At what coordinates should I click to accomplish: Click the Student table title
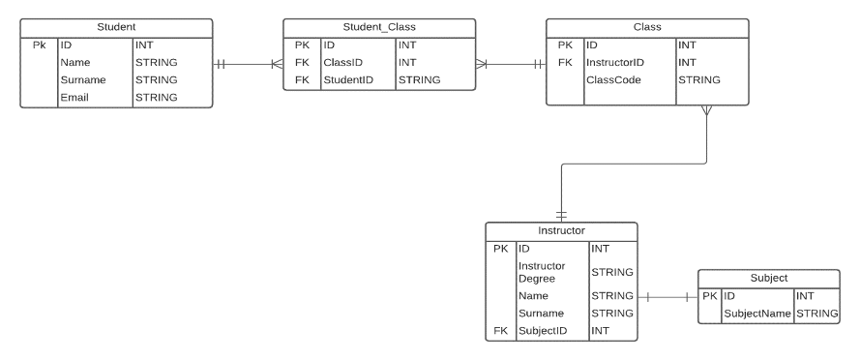tap(116, 25)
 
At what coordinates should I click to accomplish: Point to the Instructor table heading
tap(561, 231)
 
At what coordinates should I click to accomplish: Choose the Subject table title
tap(768, 277)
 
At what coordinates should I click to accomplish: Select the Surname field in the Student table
tap(83, 79)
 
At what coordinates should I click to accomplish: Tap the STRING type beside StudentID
tap(420, 79)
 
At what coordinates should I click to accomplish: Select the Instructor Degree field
tap(542, 272)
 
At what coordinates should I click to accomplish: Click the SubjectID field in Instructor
tap(542, 331)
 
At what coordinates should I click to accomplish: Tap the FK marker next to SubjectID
tap(500, 331)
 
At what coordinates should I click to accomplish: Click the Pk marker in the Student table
tap(39, 45)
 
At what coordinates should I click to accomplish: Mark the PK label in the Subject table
tap(709, 295)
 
